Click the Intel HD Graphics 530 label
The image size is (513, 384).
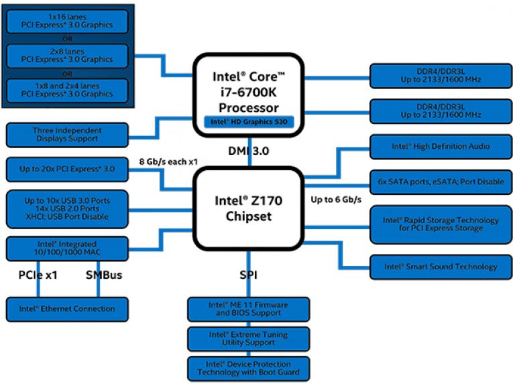point(249,121)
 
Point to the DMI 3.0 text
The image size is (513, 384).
point(249,151)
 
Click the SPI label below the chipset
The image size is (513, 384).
point(249,275)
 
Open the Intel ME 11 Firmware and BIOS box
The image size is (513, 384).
point(249,309)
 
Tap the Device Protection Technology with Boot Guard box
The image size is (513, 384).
point(249,367)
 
